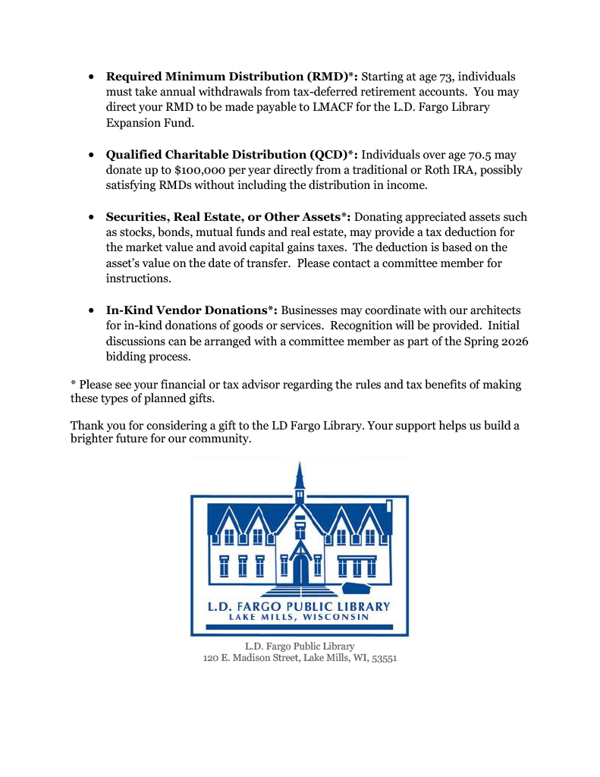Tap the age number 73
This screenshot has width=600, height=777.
(x=447, y=77)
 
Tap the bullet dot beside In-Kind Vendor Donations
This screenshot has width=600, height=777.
(x=91, y=310)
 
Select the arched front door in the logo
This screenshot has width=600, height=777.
(x=300, y=571)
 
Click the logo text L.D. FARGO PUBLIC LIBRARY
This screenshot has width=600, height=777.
(x=299, y=606)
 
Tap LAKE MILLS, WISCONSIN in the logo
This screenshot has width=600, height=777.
(x=299, y=618)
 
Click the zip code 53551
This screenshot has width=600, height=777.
(x=383, y=659)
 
